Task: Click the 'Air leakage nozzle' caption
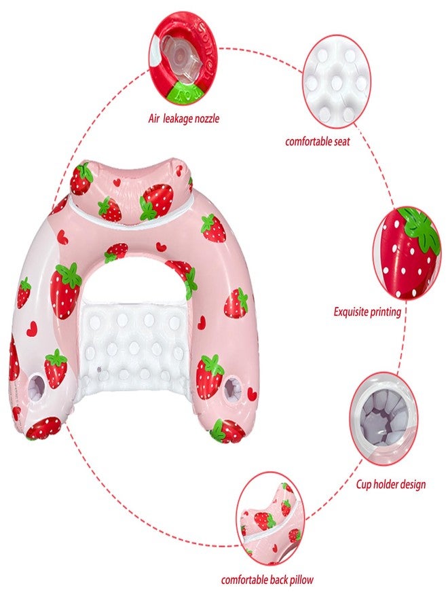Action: (x=183, y=118)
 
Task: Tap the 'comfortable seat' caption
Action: (x=317, y=141)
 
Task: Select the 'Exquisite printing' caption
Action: (x=367, y=312)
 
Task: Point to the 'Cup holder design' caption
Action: (x=391, y=484)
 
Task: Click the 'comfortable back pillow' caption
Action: (x=267, y=580)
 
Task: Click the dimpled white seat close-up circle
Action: (x=337, y=81)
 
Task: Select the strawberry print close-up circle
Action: (x=407, y=253)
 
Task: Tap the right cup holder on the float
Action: (x=233, y=389)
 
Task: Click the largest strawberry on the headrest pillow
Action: (x=156, y=202)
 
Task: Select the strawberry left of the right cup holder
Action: (x=210, y=375)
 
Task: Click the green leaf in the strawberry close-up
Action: (x=423, y=230)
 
